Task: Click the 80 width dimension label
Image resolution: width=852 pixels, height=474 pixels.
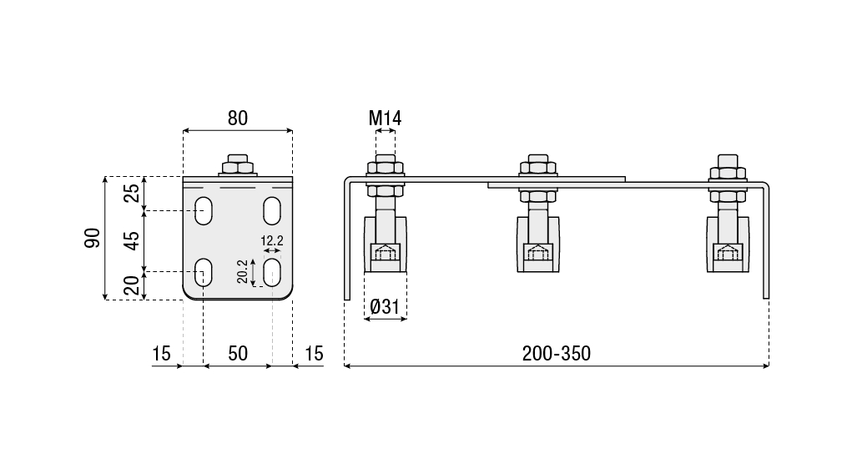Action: pyautogui.click(x=238, y=118)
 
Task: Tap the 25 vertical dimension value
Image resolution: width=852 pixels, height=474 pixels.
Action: pyautogui.click(x=132, y=193)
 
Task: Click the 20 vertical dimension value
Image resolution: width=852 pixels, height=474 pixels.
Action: pyautogui.click(x=132, y=286)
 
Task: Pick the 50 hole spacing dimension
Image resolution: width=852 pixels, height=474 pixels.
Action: pyautogui.click(x=238, y=354)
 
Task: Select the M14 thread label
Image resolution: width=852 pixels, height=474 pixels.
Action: pyautogui.click(x=385, y=118)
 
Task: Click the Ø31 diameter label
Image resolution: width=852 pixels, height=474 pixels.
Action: pyautogui.click(x=386, y=308)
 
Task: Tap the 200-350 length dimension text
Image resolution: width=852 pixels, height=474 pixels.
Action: pyautogui.click(x=556, y=354)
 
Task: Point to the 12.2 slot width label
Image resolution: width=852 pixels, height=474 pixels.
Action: pyautogui.click(x=272, y=241)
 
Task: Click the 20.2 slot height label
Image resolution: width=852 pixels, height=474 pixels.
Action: pyautogui.click(x=242, y=270)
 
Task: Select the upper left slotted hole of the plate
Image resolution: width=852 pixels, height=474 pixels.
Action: pyautogui.click(x=203, y=209)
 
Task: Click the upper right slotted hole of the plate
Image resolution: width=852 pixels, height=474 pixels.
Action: pyautogui.click(x=272, y=209)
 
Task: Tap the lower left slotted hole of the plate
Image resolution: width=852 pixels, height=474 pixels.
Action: pyautogui.click(x=203, y=272)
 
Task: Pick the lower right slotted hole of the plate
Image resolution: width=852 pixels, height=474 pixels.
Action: pyautogui.click(x=272, y=272)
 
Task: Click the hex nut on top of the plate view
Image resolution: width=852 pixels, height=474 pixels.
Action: pyautogui.click(x=238, y=164)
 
